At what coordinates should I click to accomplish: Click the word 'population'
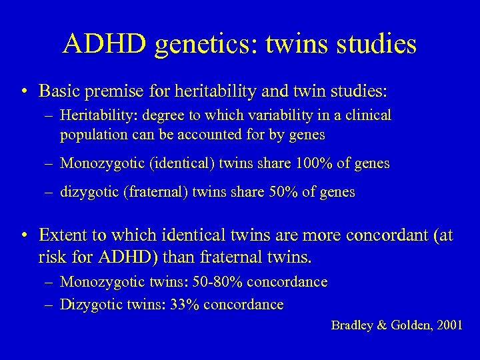91,135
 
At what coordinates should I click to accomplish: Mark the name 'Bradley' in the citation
354,326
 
